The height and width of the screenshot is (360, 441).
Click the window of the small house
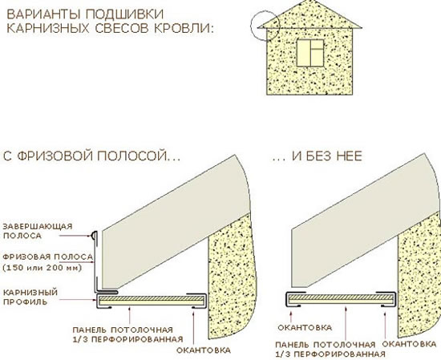(x=310, y=53)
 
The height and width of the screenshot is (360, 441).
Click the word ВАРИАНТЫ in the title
(x=46, y=14)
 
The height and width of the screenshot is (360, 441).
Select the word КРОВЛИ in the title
(x=184, y=29)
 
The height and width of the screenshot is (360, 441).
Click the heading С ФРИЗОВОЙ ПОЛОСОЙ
(x=91, y=156)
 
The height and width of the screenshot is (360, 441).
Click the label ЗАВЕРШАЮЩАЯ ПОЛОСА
(x=38, y=231)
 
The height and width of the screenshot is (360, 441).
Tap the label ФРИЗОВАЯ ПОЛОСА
(x=48, y=257)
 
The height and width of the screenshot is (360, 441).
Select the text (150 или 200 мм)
(x=42, y=268)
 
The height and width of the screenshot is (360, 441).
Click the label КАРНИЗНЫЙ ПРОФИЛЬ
(x=30, y=297)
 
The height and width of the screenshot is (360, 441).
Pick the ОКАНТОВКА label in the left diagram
(x=204, y=350)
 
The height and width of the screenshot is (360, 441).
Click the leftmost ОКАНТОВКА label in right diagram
(x=305, y=328)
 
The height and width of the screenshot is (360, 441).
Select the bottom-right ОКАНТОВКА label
(x=410, y=344)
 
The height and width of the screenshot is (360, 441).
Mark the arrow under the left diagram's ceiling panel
(x=130, y=316)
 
